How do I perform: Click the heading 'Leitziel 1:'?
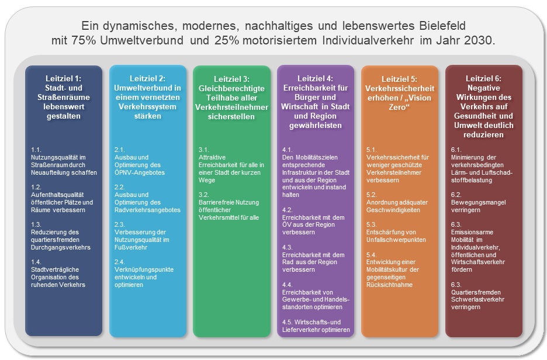point(64,78)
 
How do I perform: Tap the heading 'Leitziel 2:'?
point(147,78)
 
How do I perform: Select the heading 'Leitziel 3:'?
point(231,79)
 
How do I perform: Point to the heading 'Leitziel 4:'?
point(315,78)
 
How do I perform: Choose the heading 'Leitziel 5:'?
point(399,79)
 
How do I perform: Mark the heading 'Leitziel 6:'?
point(483,78)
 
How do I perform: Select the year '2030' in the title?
point(479,41)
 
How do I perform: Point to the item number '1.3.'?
point(37,224)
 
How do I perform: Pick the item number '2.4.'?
point(120,262)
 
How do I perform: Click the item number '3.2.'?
point(205,195)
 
